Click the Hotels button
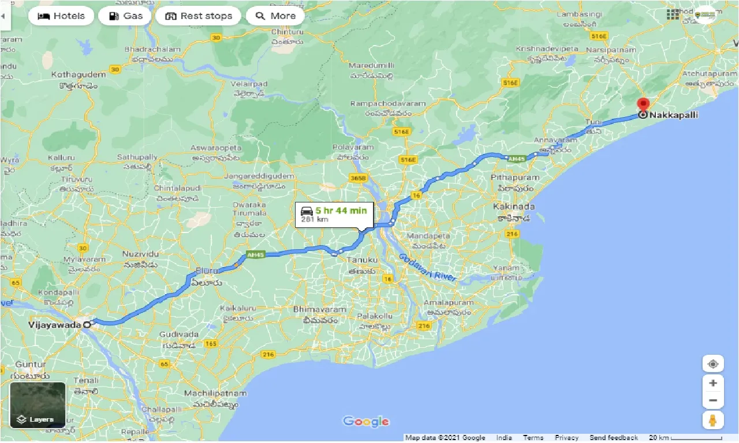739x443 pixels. pyautogui.click(x=61, y=16)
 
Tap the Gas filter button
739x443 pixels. pyautogui.click(x=125, y=16)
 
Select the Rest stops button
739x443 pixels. pyautogui.click(x=199, y=16)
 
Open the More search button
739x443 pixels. pyautogui.click(x=276, y=16)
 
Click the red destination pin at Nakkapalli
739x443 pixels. pyautogui.click(x=643, y=106)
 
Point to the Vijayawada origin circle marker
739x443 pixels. pyautogui.click(x=87, y=325)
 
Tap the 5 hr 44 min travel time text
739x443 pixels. pyautogui.click(x=341, y=211)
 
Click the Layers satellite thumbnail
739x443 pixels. pyautogui.click(x=38, y=405)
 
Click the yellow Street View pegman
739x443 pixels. pyautogui.click(x=713, y=420)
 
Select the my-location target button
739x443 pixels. pyautogui.click(x=713, y=364)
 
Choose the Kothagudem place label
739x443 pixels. pyautogui.click(x=79, y=75)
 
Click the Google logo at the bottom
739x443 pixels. pyautogui.click(x=366, y=422)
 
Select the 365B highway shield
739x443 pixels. pyautogui.click(x=358, y=179)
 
